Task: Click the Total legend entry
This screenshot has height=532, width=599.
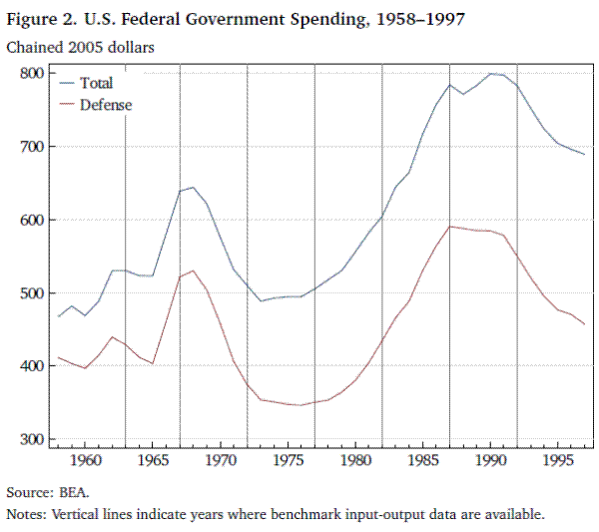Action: [96, 83]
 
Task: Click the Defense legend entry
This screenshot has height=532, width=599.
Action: [105, 104]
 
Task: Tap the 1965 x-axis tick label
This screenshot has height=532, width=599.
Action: [152, 462]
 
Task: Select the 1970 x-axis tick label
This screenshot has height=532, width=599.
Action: [220, 462]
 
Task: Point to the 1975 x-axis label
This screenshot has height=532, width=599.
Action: [288, 462]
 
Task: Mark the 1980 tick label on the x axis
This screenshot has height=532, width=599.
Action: [355, 462]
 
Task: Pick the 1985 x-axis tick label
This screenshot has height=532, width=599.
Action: [423, 462]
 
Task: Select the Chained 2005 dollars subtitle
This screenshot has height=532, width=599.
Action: [72, 46]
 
